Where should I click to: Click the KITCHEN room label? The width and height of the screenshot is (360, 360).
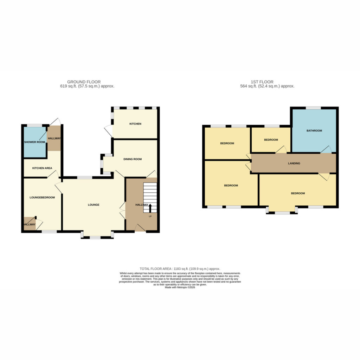[135, 124]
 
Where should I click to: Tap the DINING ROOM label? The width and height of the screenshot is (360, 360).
[133, 159]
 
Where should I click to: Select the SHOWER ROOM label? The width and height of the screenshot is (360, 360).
[34, 142]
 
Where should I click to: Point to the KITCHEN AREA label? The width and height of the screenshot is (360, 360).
[42, 168]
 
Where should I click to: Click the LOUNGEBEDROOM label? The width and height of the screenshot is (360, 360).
[42, 198]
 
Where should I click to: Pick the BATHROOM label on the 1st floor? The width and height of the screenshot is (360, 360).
[314, 131]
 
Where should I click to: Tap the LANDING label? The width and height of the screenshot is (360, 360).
[294, 163]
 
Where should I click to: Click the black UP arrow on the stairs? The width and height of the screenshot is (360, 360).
[150, 208]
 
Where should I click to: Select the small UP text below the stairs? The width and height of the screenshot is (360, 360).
[150, 216]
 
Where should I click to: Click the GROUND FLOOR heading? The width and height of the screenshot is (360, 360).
[84, 82]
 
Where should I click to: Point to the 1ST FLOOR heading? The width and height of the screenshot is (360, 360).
[262, 82]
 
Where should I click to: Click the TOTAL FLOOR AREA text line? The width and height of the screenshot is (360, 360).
[180, 269]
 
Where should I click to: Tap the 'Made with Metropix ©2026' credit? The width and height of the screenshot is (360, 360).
[180, 287]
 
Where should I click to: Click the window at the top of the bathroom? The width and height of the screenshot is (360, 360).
[313, 108]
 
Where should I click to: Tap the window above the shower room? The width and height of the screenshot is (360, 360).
[34, 126]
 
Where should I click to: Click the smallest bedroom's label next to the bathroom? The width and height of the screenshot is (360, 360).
[271, 140]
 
